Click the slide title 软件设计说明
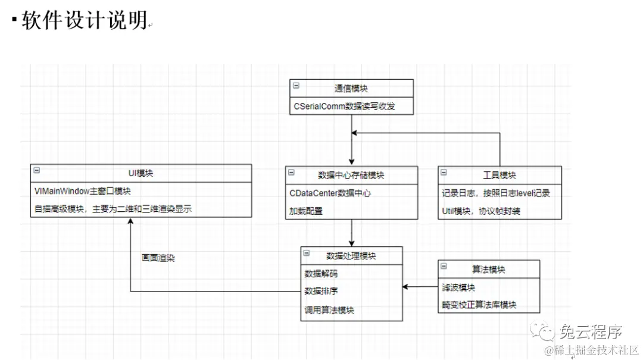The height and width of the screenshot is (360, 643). click(x=85, y=21)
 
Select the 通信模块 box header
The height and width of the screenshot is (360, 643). click(x=351, y=88)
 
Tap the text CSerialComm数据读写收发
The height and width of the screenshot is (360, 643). click(x=344, y=107)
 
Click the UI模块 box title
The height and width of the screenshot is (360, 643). click(x=141, y=173)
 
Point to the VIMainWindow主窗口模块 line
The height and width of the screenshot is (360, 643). click(x=83, y=191)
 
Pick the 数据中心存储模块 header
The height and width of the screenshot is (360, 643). click(x=351, y=175)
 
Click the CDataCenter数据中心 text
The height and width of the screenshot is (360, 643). click(x=331, y=193)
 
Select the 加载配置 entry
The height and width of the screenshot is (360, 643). click(x=306, y=211)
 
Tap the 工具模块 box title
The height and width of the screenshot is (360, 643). click(x=500, y=175)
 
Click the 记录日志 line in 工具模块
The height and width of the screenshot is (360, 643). click(x=495, y=193)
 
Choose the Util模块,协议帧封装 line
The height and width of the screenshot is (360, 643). click(x=481, y=211)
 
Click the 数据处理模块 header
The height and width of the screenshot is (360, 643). click(x=351, y=255)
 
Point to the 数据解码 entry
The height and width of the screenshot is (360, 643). click(x=321, y=274)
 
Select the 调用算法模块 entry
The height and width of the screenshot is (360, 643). click(x=329, y=310)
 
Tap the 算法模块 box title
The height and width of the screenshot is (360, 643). click(x=489, y=269)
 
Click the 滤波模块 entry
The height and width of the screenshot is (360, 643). click(x=458, y=287)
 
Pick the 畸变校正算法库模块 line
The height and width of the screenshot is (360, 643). click(x=479, y=305)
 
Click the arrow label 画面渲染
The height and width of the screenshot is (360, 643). click(x=158, y=258)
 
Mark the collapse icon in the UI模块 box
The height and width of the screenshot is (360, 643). click(x=36, y=170)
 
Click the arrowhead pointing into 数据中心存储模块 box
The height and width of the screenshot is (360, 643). click(x=352, y=161)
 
